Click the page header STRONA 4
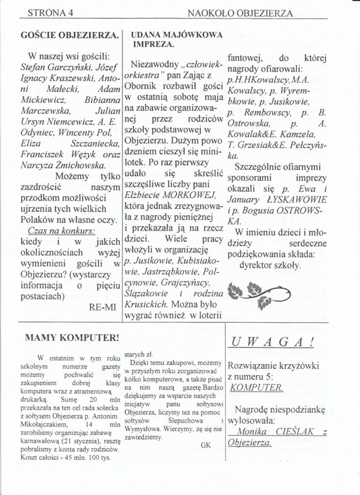point(48,13)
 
